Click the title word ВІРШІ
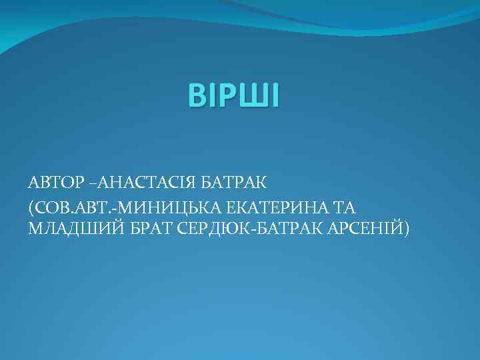point(234,95)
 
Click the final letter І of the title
point(275,95)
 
